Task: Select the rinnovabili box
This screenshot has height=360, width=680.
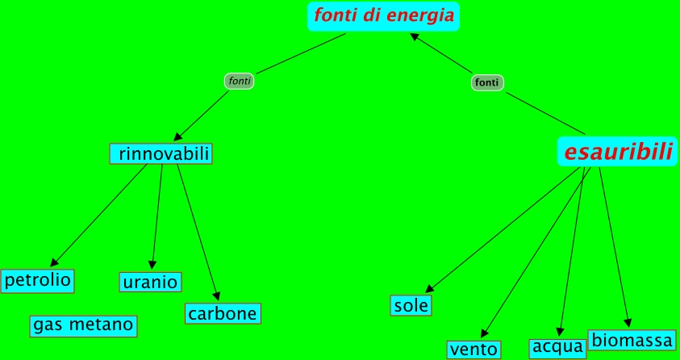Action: pos(161,153)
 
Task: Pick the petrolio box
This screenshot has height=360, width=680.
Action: pos(37,281)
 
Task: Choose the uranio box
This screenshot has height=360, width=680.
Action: pos(150,282)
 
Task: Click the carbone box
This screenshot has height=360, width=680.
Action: pos(223,313)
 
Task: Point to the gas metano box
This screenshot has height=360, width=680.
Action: pos(82,325)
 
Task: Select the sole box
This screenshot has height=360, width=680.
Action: pos(411,305)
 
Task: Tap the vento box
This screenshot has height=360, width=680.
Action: pos(473,350)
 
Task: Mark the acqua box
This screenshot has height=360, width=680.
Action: pos(557,347)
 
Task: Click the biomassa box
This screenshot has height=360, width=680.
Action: pos(632,339)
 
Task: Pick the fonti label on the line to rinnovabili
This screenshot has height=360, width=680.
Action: pos(239,81)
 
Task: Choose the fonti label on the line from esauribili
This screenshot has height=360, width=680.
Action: pos(487,82)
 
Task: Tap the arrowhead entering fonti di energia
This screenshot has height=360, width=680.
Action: pos(415,37)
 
